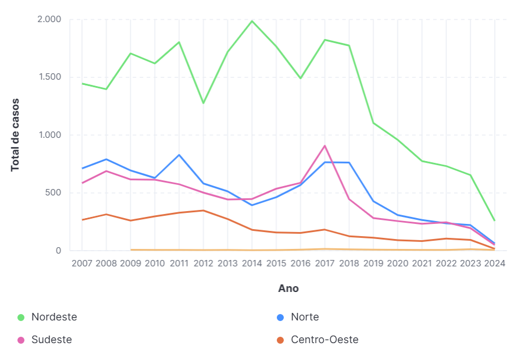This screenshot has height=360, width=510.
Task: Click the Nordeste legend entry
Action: tap(54, 317)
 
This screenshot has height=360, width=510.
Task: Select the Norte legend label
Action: tap(305, 317)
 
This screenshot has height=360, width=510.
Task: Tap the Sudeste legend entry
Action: tap(51, 340)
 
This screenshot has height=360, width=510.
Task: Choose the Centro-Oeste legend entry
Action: tap(324, 340)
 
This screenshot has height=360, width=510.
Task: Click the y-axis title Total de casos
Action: tap(15, 134)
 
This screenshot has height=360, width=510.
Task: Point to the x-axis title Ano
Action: tap(288, 288)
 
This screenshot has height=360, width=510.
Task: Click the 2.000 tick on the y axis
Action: tap(49, 19)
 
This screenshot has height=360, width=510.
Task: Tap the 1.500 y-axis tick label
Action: tap(49, 77)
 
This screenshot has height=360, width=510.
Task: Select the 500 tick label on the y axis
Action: tap(54, 193)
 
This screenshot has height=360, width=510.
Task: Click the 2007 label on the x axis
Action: tap(82, 263)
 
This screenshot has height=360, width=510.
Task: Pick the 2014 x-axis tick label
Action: tap(252, 263)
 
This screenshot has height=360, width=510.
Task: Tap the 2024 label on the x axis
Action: tap(494, 263)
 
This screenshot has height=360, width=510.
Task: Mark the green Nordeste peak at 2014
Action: tap(252, 21)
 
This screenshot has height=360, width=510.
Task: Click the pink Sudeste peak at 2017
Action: tap(324, 146)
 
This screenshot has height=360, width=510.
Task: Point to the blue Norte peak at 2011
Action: tap(179, 155)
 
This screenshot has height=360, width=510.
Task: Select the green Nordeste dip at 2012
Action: tap(204, 103)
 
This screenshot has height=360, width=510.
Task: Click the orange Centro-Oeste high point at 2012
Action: tap(204, 211)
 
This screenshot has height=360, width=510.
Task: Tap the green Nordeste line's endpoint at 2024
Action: tap(494, 220)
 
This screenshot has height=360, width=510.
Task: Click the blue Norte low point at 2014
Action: tap(252, 205)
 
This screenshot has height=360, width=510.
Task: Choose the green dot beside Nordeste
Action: tap(21, 318)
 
